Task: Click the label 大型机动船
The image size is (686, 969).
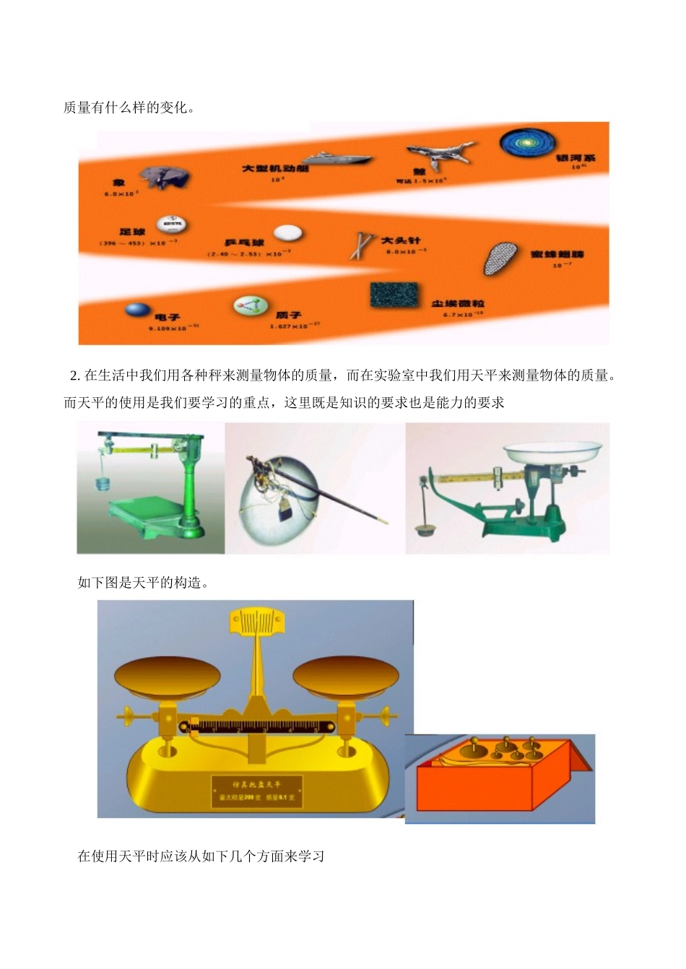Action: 274,168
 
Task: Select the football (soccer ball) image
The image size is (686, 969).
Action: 170,225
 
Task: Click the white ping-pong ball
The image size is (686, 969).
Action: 288,233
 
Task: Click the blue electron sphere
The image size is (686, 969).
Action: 138,309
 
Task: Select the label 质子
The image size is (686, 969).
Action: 288,316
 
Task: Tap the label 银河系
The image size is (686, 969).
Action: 575,157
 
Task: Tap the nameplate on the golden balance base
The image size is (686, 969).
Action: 256,791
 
